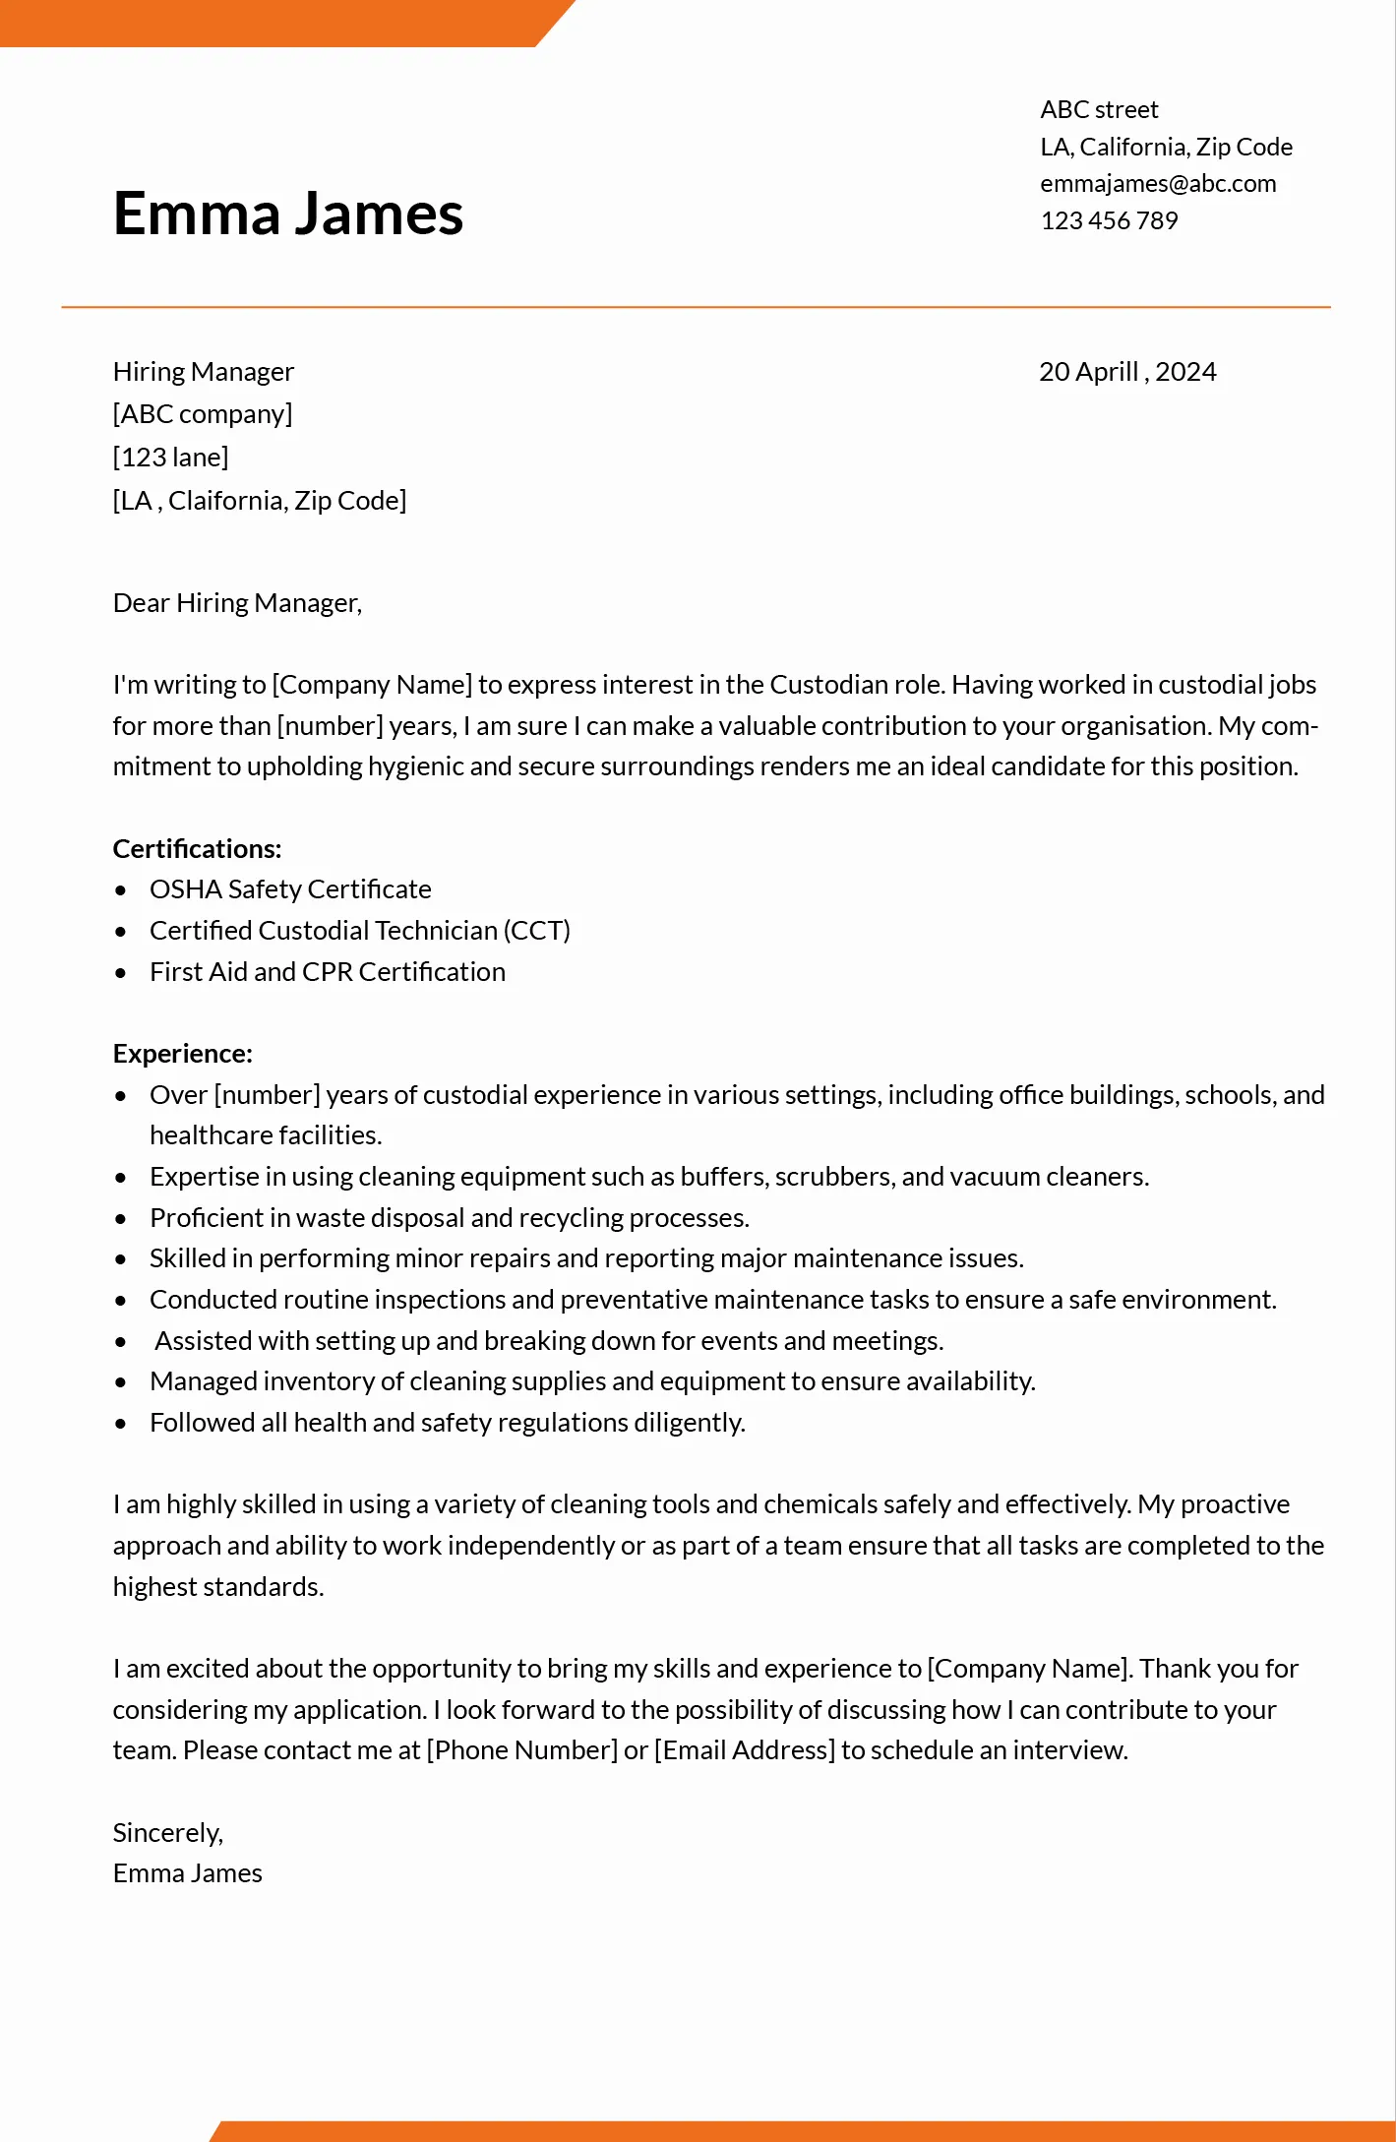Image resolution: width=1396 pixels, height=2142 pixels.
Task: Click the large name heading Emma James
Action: [287, 214]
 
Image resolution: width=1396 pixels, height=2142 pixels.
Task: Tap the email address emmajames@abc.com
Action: [1158, 184]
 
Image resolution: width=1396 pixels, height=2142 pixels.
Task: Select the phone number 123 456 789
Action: [1109, 221]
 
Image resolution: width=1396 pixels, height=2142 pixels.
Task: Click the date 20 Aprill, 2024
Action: [1127, 372]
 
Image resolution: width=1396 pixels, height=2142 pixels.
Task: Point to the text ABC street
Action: [1099, 109]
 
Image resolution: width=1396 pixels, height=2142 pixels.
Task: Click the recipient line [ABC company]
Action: [203, 414]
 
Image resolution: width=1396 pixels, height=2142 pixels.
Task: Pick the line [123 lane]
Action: [170, 458]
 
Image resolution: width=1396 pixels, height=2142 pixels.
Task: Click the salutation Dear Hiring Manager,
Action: [237, 603]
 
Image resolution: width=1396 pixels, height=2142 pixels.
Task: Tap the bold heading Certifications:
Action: [197, 849]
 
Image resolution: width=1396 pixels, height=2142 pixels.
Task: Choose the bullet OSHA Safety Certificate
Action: [290, 889]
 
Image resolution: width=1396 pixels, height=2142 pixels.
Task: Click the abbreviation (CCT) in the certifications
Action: [537, 931]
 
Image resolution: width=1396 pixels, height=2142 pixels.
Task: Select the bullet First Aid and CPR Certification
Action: [328, 972]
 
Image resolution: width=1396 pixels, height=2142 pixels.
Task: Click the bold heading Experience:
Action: [182, 1054]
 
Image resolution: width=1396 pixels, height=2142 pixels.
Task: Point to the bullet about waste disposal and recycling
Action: [450, 1218]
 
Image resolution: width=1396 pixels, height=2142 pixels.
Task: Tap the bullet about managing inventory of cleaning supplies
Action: [592, 1381]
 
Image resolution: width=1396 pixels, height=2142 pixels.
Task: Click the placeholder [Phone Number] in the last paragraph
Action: [522, 1750]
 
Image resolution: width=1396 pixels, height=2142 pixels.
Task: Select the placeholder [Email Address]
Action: [745, 1750]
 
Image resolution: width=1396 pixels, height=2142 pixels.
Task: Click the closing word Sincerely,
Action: [168, 1833]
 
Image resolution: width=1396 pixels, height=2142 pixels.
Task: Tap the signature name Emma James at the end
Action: [187, 1873]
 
